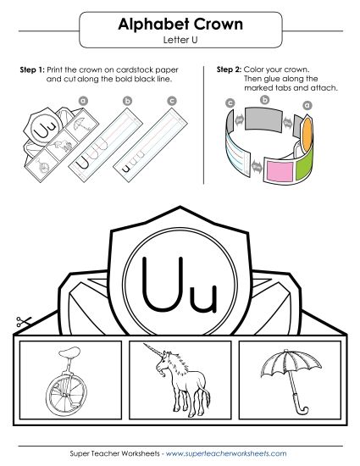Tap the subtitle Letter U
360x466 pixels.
click(180, 40)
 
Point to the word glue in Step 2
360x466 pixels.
click(280, 78)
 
